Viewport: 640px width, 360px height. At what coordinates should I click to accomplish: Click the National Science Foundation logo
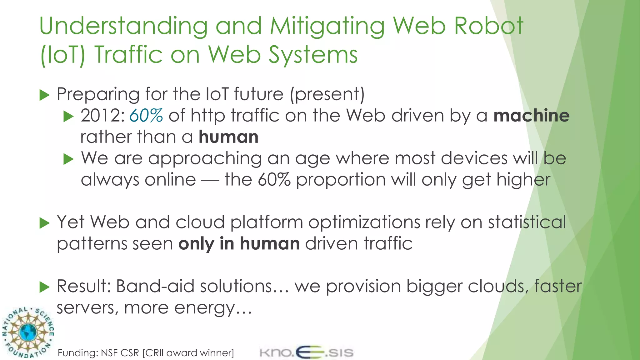click(x=27, y=332)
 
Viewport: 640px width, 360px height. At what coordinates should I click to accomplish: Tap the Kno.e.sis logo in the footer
click(x=306, y=352)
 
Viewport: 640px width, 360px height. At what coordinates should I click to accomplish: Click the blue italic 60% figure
click(x=146, y=115)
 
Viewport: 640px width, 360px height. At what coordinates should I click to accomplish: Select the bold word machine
click(x=531, y=115)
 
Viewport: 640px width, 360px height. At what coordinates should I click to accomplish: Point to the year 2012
click(x=100, y=115)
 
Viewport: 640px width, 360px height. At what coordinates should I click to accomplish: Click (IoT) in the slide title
click(x=62, y=55)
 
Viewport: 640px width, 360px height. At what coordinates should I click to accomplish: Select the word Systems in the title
click(x=313, y=55)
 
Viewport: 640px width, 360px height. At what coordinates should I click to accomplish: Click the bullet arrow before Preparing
click(x=45, y=95)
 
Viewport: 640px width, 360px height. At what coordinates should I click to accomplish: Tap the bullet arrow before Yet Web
click(x=45, y=223)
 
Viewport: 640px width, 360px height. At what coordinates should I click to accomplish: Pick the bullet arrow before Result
click(x=45, y=287)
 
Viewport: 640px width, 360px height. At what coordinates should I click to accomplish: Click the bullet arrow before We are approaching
click(x=68, y=159)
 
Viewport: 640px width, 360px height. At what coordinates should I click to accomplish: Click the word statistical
click(x=527, y=222)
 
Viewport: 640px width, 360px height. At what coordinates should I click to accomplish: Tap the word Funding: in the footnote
click(x=78, y=353)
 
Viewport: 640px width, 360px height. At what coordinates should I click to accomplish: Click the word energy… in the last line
click(x=213, y=308)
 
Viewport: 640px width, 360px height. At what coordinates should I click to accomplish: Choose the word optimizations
click(x=364, y=223)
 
